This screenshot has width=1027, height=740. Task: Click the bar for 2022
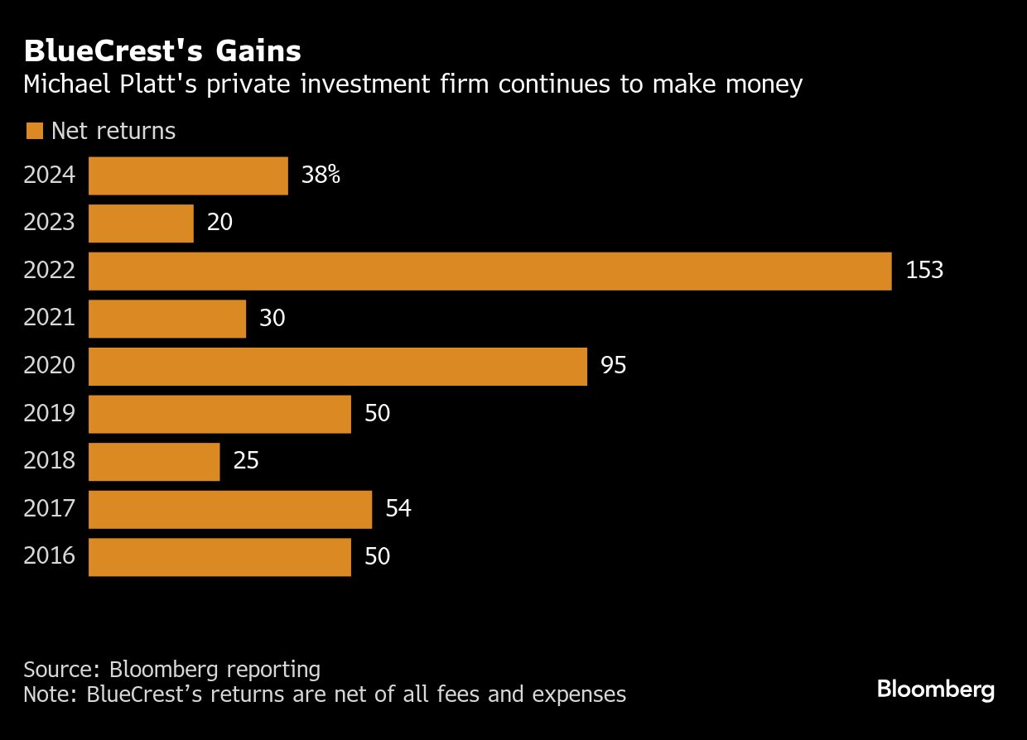point(489,271)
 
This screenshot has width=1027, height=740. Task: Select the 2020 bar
point(338,367)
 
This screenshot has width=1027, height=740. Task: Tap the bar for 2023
point(141,223)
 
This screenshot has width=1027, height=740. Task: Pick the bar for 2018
point(154,462)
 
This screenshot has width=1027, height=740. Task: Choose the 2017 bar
point(230,509)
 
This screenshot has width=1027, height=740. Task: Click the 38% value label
point(321,175)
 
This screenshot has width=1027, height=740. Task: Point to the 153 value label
point(924,271)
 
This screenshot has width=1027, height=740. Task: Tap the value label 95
point(614,366)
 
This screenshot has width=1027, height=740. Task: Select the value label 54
point(398,508)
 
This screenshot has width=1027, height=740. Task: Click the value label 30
point(272,318)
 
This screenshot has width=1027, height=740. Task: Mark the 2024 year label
point(49,175)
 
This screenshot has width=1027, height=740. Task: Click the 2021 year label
point(49,318)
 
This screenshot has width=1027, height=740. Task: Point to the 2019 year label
point(49,413)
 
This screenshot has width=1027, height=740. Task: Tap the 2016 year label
point(49,555)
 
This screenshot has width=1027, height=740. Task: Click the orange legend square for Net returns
point(34,131)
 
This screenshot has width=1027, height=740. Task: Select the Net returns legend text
point(113,131)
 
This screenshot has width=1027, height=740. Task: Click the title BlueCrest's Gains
point(162,51)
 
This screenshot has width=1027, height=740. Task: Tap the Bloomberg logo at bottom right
point(936,690)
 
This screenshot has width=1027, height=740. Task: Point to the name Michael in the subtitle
point(70,84)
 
